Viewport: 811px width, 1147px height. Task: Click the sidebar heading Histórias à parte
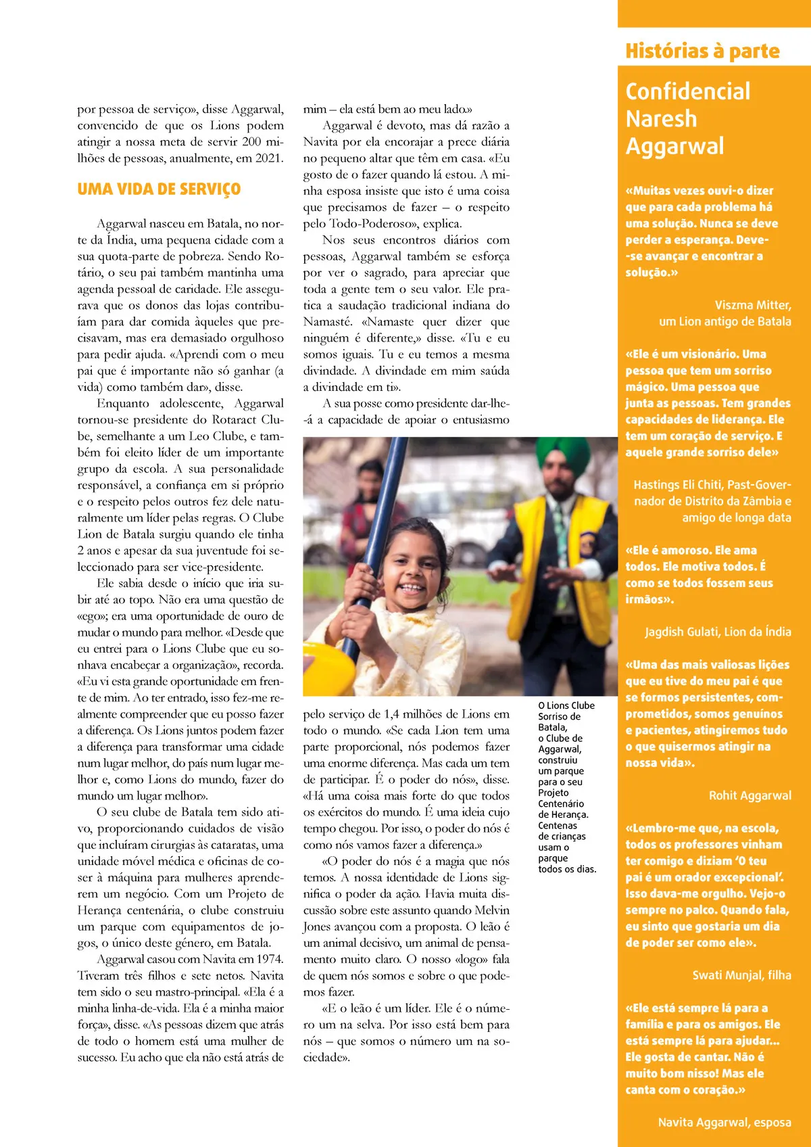702,51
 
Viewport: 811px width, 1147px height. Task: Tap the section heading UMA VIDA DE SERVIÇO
159,189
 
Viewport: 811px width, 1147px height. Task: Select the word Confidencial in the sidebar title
688,91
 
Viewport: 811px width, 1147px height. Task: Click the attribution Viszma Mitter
753,305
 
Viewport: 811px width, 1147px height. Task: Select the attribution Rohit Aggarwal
749,795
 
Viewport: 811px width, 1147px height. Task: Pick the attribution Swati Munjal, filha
741,975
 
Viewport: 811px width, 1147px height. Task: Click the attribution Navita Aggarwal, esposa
724,1123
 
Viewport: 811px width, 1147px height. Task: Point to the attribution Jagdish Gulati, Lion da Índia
718,632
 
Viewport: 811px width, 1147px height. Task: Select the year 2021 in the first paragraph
269,158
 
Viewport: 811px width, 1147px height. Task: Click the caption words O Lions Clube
566,705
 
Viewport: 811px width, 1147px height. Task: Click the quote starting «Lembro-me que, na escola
702,828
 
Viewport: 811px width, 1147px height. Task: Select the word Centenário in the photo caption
561,803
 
